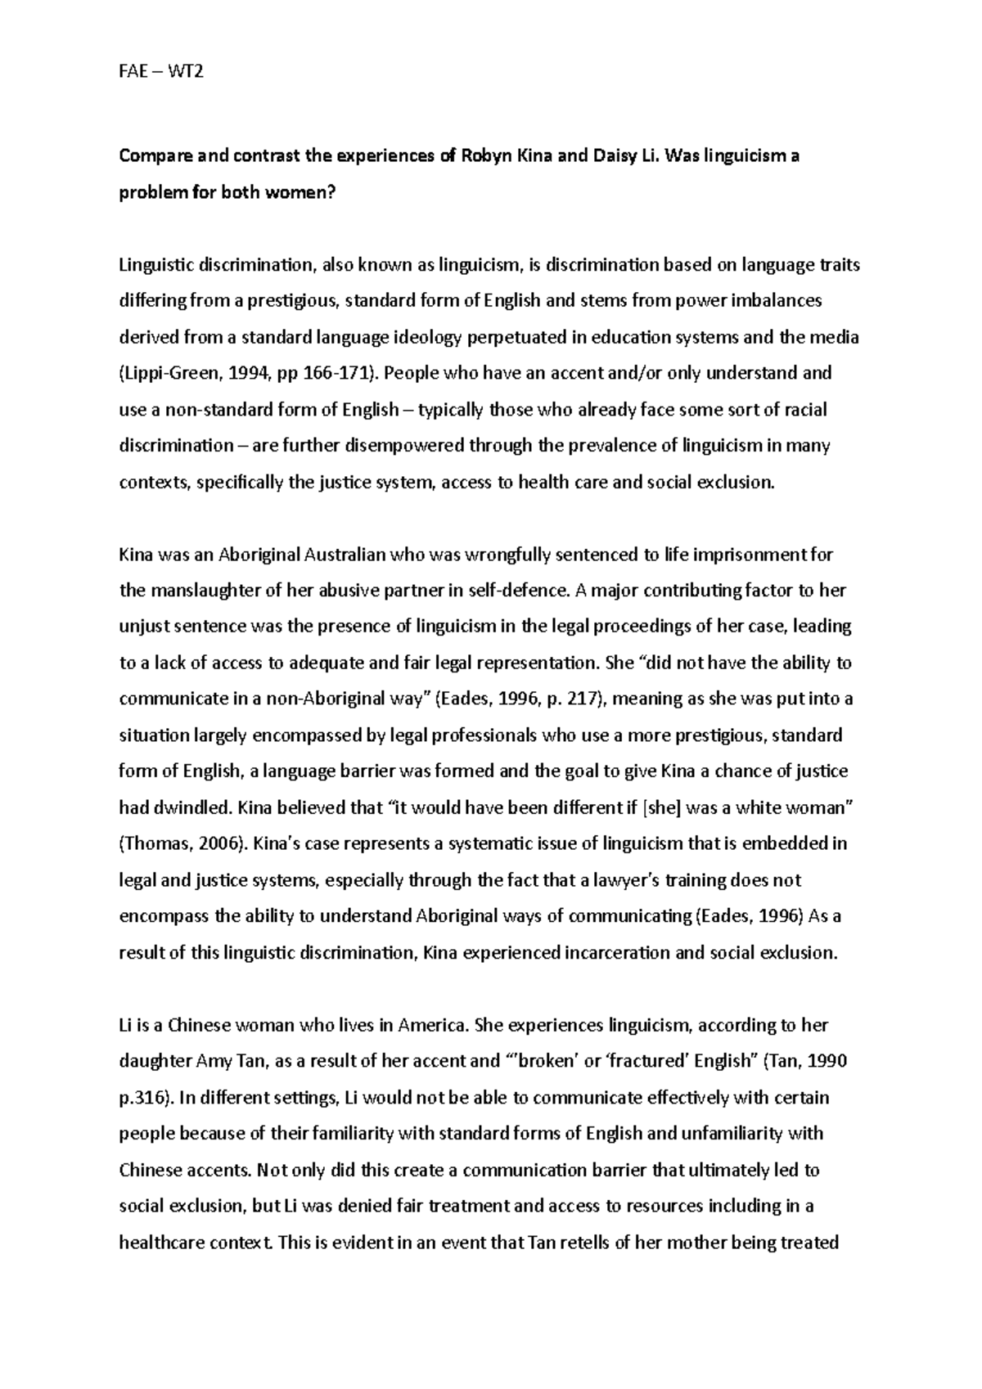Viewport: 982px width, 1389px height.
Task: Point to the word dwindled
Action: pyautogui.click(x=191, y=808)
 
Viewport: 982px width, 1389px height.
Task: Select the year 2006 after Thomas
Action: pyautogui.click(x=208, y=844)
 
